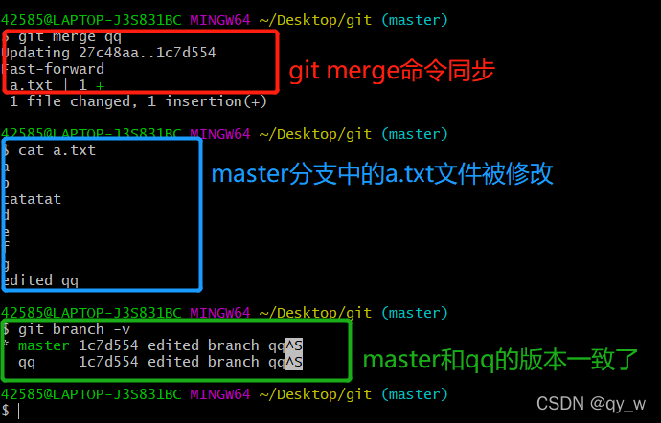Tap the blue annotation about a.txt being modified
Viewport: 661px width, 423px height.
click(382, 174)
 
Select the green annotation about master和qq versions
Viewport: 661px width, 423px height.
click(499, 361)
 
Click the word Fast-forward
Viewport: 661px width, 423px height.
click(55, 69)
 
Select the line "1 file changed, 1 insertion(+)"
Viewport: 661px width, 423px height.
click(138, 101)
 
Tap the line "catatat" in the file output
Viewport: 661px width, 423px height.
click(33, 199)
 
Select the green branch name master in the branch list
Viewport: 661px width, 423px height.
click(43, 345)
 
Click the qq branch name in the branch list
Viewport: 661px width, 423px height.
click(27, 362)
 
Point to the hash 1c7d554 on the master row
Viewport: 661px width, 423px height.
click(107, 345)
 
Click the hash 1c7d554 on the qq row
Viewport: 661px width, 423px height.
click(107, 362)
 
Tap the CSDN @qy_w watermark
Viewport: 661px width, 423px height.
click(590, 403)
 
